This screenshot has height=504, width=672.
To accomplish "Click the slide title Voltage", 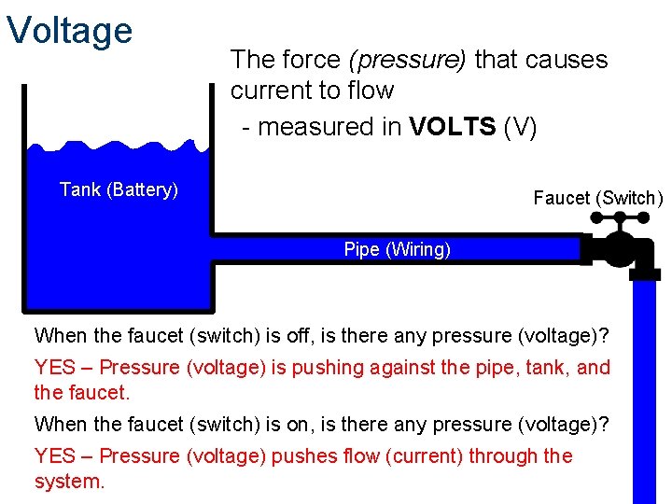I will pos(70,30).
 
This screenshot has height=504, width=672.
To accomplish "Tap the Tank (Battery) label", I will pos(119,189).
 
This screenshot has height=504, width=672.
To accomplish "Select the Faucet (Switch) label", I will pos(597,198).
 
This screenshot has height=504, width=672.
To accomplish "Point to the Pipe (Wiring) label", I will pos(397,249).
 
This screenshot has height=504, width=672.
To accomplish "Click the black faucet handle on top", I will pos(617,222).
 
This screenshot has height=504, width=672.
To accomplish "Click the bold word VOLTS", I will pos(453,127).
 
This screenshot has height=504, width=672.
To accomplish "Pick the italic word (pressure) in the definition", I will pos(407,60).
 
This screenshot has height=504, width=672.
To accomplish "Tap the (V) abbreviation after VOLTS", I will pos(521,127).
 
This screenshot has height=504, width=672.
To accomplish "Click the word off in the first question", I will pos(280,335).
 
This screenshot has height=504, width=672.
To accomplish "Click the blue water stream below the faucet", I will pos(645,392).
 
